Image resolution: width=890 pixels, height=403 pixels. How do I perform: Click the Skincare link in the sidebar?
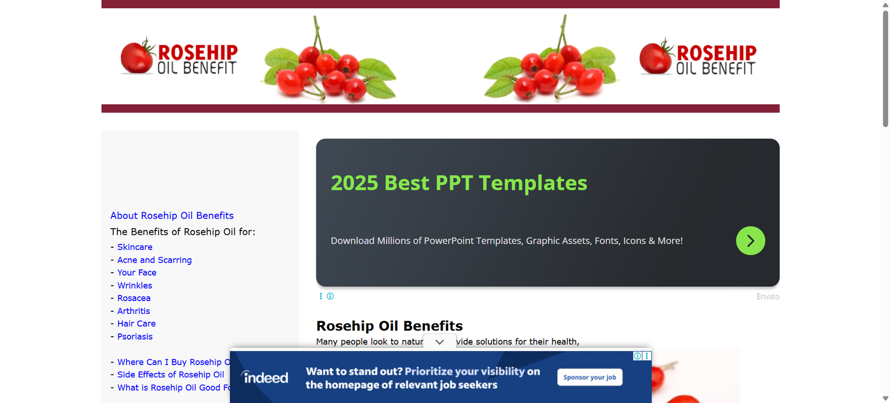tap(135, 247)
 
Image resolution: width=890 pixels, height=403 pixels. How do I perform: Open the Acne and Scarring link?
tap(154, 260)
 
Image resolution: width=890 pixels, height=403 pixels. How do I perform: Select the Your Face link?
tap(137, 273)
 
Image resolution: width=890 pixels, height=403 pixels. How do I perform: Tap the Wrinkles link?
tap(134, 286)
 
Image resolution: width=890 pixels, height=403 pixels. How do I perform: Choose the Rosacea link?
tap(133, 298)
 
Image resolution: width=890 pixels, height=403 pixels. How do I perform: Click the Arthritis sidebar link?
tap(133, 311)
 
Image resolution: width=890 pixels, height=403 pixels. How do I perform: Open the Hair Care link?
tap(136, 323)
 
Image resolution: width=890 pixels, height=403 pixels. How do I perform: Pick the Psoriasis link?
tap(135, 337)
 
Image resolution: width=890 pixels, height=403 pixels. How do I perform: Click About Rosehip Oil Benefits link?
tap(172, 215)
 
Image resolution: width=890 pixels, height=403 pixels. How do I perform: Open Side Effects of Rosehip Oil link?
tap(170, 375)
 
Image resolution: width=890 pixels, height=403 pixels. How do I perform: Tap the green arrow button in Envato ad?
tap(750, 241)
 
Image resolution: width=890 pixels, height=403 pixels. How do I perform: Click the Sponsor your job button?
tap(590, 377)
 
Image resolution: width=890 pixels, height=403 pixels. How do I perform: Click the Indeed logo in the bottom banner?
tap(265, 377)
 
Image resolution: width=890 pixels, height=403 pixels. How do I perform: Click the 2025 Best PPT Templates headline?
tap(459, 183)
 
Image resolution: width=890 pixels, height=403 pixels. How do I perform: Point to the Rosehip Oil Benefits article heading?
tap(389, 326)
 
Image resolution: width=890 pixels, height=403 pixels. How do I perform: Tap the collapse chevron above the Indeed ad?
tap(439, 342)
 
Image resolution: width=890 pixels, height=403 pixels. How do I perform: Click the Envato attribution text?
tap(768, 297)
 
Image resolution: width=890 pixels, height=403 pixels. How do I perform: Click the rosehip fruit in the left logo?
tap(137, 56)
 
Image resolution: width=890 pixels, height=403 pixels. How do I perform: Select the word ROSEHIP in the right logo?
tap(716, 53)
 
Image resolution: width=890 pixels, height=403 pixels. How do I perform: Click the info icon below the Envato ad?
tap(330, 296)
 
